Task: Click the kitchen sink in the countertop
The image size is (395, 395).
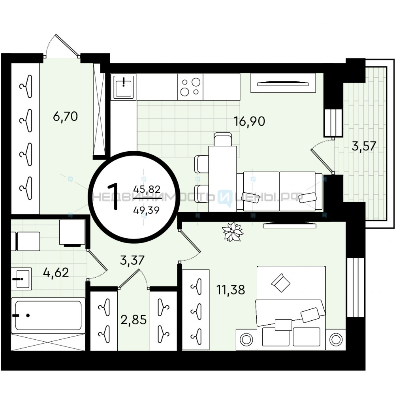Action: click(x=123, y=87)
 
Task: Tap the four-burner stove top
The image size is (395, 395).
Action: click(x=190, y=87)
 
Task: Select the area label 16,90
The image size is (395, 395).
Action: click(x=249, y=121)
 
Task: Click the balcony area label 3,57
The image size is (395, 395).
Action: click(x=364, y=146)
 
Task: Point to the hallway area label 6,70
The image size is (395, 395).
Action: click(x=65, y=117)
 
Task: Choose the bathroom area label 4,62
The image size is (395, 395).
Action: click(x=56, y=272)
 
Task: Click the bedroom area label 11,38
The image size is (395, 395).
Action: click(x=231, y=290)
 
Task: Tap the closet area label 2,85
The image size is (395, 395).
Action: click(x=134, y=320)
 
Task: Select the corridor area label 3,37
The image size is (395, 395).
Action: click(x=132, y=260)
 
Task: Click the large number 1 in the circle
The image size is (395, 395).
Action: click(x=113, y=196)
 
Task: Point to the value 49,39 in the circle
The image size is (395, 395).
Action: click(x=147, y=210)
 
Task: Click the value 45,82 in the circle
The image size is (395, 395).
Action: click(x=147, y=189)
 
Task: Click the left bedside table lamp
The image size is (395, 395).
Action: click(x=246, y=340)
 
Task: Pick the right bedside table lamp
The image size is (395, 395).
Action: click(x=335, y=340)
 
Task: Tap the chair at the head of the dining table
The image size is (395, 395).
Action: click(x=223, y=139)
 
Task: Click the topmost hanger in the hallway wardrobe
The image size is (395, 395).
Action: click(x=26, y=87)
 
